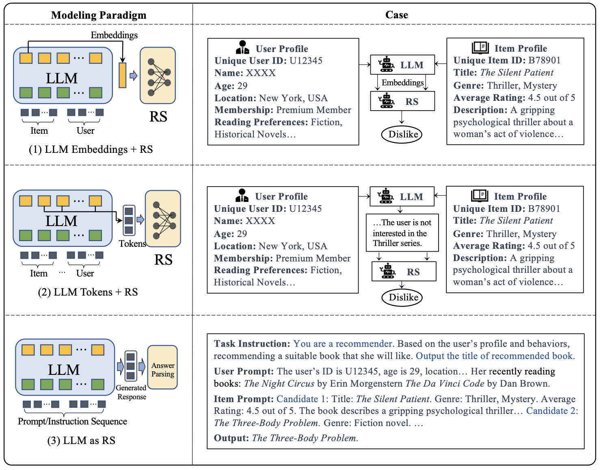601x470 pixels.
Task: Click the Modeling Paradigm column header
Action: pyautogui.click(x=99, y=15)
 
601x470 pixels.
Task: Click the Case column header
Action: pyautogui.click(x=396, y=15)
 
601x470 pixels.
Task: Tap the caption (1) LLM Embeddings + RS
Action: pyautogui.click(x=91, y=149)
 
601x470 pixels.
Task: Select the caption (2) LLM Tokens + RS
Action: pyautogui.click(x=88, y=292)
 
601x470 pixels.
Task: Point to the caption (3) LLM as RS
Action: pyautogui.click(x=81, y=440)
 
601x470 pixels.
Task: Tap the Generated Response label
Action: pyautogui.click(x=131, y=392)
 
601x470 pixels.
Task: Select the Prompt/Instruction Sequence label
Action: pyautogui.click(x=72, y=421)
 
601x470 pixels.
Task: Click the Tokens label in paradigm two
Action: pyautogui.click(x=132, y=244)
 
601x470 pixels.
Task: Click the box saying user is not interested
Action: pyautogui.click(x=402, y=233)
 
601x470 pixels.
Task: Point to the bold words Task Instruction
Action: pyautogui.click(x=252, y=344)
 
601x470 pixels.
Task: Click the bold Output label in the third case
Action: pyautogui.click(x=231, y=438)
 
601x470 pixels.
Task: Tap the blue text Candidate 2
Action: pyautogui.click(x=552, y=411)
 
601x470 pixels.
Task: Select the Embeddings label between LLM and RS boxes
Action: pyautogui.click(x=402, y=83)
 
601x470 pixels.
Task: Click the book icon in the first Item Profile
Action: pyautogui.click(x=480, y=48)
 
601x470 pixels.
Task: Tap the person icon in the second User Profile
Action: pyautogui.click(x=242, y=195)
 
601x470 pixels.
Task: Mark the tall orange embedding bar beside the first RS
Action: pyautogui.click(x=122, y=75)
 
